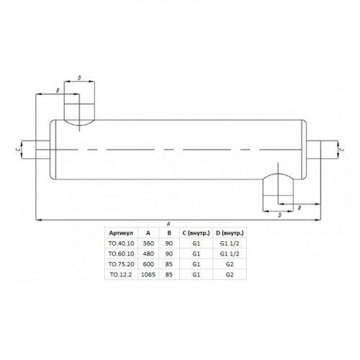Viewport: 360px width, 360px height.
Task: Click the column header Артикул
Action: click(121, 233)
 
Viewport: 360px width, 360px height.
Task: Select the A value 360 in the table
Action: click(148, 243)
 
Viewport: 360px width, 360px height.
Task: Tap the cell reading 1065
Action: click(148, 274)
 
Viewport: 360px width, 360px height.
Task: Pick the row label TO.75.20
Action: click(121, 264)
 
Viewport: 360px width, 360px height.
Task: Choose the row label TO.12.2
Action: click(121, 274)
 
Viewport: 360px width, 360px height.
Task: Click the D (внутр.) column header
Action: click(230, 233)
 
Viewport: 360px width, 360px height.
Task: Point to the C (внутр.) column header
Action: click(196, 233)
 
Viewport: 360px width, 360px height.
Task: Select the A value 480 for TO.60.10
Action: click(148, 253)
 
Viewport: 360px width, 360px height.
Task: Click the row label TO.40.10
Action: click(121, 243)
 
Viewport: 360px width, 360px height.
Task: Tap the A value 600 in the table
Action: click(148, 264)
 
